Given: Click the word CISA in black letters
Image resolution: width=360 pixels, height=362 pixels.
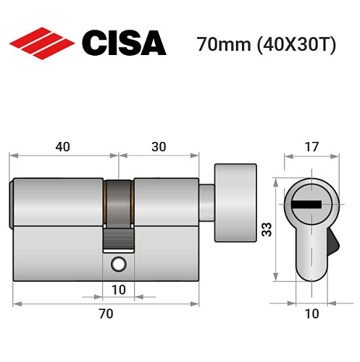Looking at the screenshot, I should [122, 43].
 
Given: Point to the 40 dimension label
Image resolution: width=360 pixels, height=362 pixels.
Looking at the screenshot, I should [62, 146].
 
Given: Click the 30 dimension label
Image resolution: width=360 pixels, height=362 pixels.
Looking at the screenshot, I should [159, 146].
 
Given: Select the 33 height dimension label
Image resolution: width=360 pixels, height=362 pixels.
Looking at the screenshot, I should [265, 231].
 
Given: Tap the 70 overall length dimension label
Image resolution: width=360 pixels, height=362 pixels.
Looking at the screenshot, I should [106, 313].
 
